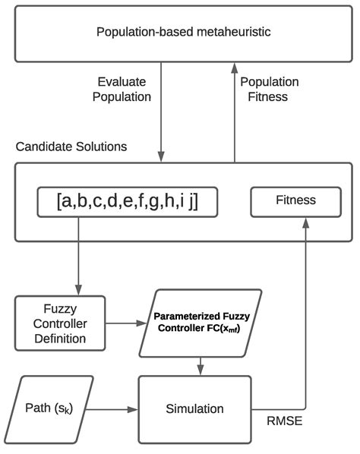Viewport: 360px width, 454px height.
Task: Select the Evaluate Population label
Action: [123, 88]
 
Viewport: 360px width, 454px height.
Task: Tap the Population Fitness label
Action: [269, 88]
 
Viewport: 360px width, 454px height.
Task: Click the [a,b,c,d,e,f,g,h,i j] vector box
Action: [125, 201]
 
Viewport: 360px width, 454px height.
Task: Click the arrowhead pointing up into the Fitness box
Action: [306, 222]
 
